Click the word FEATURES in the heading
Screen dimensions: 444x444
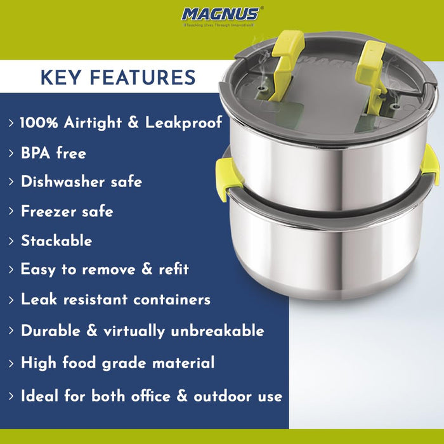(143, 77)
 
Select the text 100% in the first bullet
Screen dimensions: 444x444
(39, 123)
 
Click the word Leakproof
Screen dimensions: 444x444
(183, 123)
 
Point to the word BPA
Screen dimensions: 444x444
(36, 153)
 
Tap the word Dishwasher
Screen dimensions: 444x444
(63, 181)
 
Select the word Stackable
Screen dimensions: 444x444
(56, 240)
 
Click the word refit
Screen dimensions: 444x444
(174, 269)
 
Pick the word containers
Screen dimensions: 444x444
(172, 299)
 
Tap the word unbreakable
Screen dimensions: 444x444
(218, 330)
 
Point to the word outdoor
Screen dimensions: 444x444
(223, 396)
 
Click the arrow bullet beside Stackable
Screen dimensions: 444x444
(11, 241)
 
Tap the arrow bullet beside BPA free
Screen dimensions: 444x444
(11, 153)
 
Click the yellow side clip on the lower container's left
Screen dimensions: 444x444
(226, 178)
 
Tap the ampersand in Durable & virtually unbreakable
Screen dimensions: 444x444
(91, 330)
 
